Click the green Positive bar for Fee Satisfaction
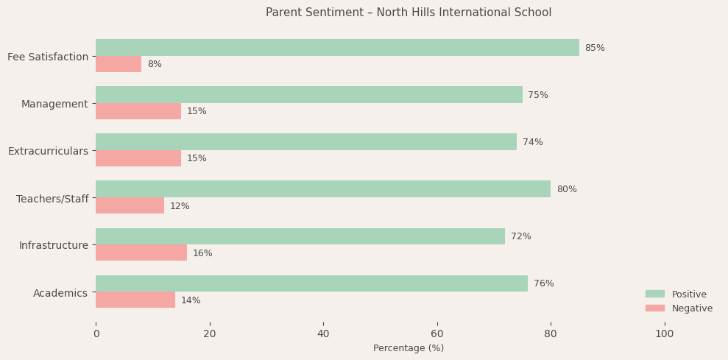(337, 48)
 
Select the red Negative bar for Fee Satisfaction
(119, 64)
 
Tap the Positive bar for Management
(309, 95)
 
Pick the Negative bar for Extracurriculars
(138, 158)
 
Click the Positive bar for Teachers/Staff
(323, 189)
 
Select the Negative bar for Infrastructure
(141, 253)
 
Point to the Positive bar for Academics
(311, 283)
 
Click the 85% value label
(595, 48)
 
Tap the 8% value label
(155, 64)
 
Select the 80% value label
(567, 189)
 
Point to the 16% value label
(202, 253)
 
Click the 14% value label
(191, 300)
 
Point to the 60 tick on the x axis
(437, 333)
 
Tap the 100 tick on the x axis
(665, 333)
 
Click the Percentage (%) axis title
(409, 348)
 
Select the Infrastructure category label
(54, 245)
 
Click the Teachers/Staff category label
(52, 199)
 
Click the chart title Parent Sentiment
(409, 13)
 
